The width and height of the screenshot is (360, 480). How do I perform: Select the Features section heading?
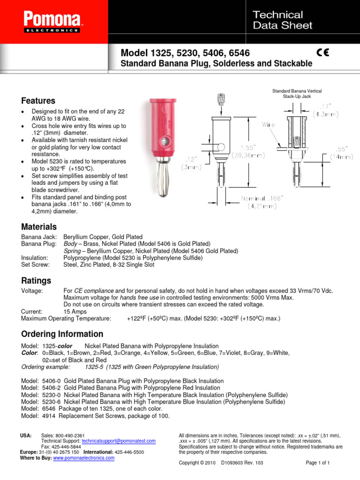click(x=38, y=101)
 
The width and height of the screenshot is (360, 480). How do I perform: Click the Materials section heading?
click(x=39, y=226)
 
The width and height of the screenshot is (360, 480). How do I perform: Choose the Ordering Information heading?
click(x=62, y=334)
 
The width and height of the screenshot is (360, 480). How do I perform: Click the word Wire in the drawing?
click(x=269, y=125)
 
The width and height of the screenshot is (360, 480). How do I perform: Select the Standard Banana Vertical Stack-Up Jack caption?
click(x=297, y=93)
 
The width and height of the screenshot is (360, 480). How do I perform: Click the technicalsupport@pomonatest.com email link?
click(x=118, y=442)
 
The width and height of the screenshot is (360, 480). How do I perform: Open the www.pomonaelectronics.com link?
click(x=84, y=458)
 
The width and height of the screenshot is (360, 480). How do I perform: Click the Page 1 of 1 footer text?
click(x=318, y=463)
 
